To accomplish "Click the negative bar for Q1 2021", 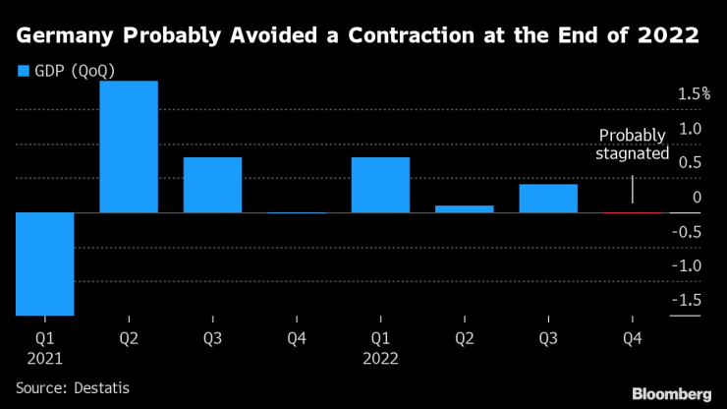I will click(x=44, y=263).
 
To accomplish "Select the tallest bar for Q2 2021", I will click(x=129, y=146).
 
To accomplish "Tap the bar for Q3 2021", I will click(x=212, y=185).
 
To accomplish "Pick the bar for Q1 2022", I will click(x=380, y=185).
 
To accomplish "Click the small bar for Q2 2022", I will click(x=464, y=208).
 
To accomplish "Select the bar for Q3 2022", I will click(x=548, y=198).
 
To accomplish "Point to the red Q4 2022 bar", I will click(x=632, y=212).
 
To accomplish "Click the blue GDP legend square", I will click(x=24, y=71).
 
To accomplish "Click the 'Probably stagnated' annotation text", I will click(x=634, y=145).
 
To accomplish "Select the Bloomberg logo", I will click(x=671, y=392).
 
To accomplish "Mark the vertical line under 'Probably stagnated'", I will click(x=632, y=190).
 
